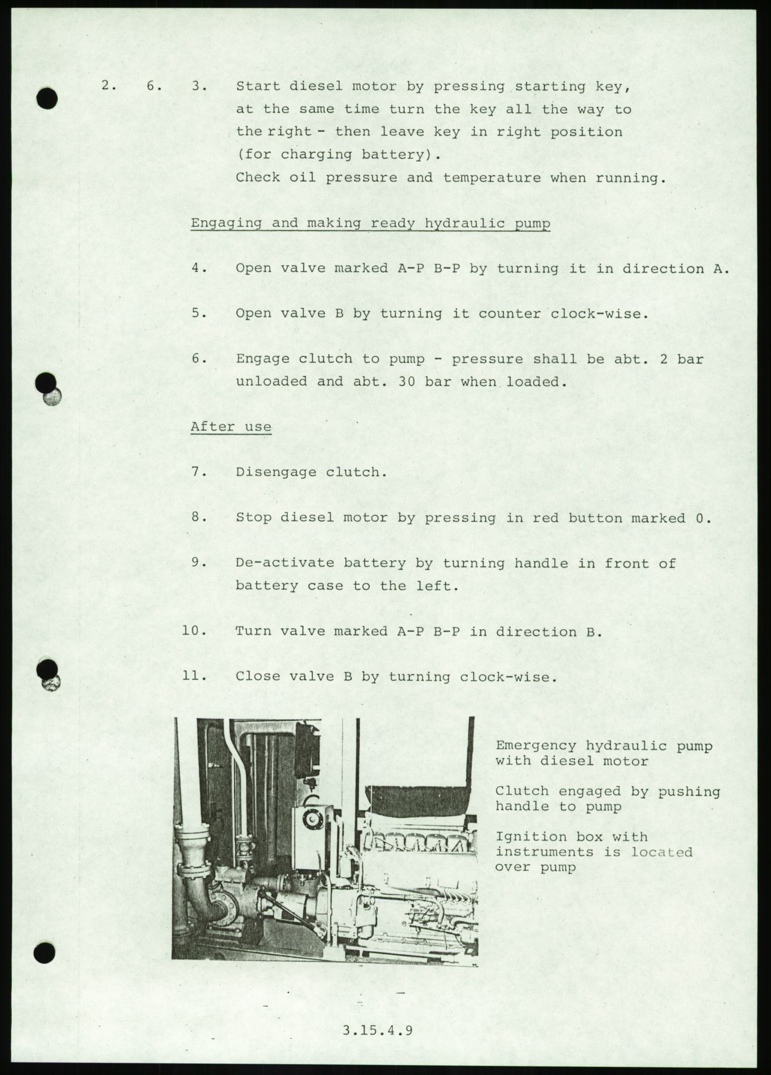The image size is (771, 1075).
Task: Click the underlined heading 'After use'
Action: tap(231, 426)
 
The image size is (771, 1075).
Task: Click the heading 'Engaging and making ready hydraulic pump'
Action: tap(371, 224)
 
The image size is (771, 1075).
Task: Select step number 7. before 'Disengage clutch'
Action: tap(197, 472)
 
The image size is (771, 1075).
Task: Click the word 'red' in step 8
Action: tap(546, 518)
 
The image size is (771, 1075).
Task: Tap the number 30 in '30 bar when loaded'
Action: tap(407, 382)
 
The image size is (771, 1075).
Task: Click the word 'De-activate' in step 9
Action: tap(284, 563)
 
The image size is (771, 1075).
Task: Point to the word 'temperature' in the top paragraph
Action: tap(492, 177)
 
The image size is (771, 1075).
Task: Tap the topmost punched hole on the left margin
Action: tap(48, 99)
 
